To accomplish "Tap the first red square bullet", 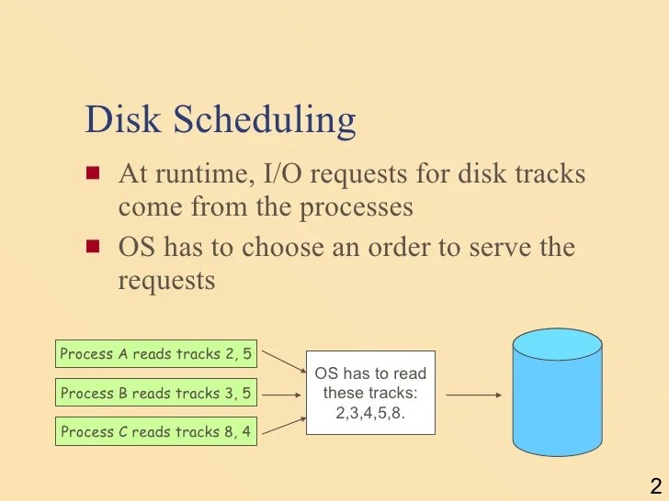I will pos(92,173).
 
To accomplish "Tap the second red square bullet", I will pos(92,246).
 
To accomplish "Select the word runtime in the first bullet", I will pos(201,174).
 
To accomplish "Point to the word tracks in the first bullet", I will pos(549,173).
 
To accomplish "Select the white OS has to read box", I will pos(370,393).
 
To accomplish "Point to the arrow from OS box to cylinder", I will pos(473,395).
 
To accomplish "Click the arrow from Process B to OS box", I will pos(280,395).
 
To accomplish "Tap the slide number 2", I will pos(655,486).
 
